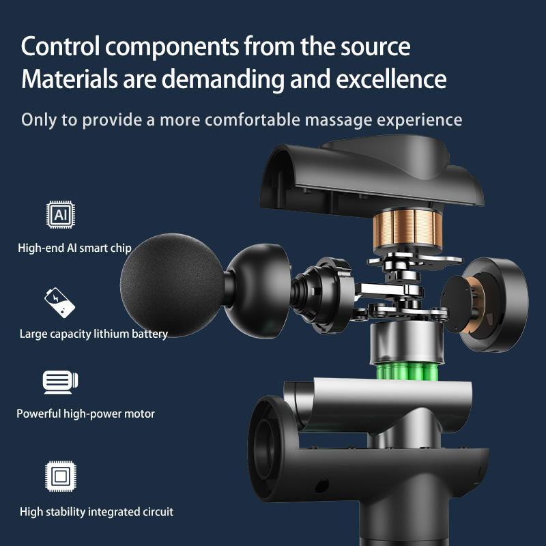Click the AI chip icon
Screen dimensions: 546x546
[x=61, y=215]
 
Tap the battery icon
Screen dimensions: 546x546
[x=61, y=303]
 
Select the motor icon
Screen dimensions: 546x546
[x=61, y=382]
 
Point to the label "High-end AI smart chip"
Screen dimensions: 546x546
[x=74, y=248]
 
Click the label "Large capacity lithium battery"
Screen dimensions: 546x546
[x=94, y=334]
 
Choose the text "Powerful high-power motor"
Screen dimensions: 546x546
[x=86, y=414]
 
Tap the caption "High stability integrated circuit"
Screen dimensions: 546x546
[x=96, y=511]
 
